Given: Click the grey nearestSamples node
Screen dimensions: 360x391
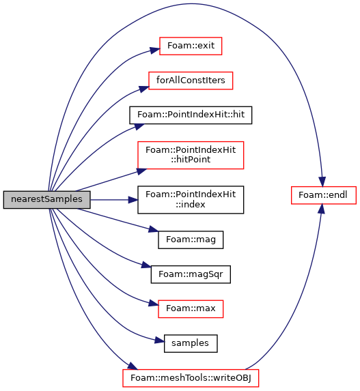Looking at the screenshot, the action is click(x=46, y=199).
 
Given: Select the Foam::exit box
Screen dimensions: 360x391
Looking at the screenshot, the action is click(x=191, y=46).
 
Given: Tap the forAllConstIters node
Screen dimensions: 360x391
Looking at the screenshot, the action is click(x=191, y=81).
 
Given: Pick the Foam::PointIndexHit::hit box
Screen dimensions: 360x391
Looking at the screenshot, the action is click(x=191, y=115).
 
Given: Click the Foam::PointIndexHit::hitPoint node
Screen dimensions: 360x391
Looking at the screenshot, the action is click(x=191, y=155).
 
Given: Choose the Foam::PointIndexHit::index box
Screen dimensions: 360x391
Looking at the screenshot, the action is click(x=191, y=199).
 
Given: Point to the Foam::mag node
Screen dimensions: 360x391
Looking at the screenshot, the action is click(x=191, y=240).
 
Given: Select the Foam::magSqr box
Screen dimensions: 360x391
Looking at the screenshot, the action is click(x=191, y=274).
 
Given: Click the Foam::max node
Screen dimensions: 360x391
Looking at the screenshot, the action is click(x=191, y=309).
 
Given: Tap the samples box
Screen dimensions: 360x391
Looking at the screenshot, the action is click(x=191, y=343).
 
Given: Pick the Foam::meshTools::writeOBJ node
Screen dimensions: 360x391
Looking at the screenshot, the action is click(x=191, y=378).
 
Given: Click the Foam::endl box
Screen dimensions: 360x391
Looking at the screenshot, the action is click(x=324, y=195).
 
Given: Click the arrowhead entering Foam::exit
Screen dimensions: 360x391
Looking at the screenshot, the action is click(x=154, y=50).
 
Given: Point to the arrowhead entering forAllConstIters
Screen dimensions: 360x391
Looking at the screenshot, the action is click(x=144, y=89).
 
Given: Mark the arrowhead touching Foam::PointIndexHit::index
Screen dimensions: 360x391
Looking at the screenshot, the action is click(x=133, y=200).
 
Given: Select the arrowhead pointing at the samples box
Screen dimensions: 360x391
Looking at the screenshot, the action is click(x=159, y=341).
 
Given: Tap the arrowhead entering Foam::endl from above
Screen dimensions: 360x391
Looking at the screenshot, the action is click(x=322, y=182).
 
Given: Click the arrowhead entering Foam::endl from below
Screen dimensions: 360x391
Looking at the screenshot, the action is click(x=322, y=209).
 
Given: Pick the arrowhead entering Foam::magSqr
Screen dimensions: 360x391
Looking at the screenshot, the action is click(x=146, y=265).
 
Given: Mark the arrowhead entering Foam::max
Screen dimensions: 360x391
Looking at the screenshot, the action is click(x=154, y=303).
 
